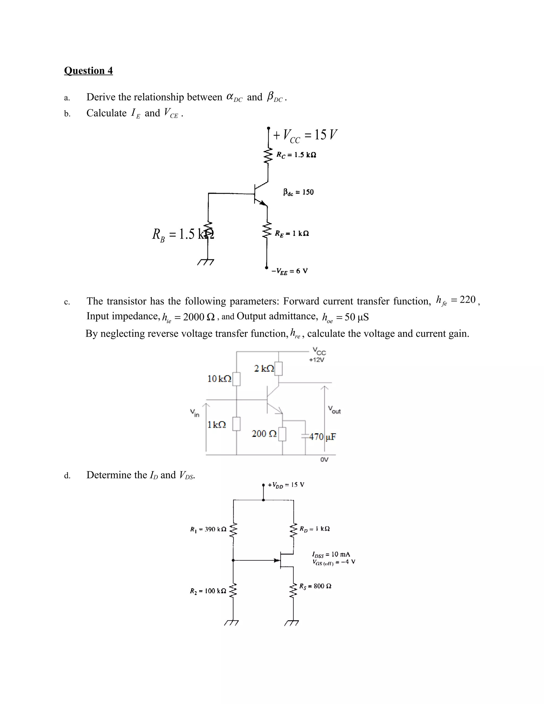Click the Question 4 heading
pyautogui.click(x=88, y=71)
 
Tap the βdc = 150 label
pyautogui.click(x=298, y=192)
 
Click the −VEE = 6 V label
pyautogui.click(x=290, y=271)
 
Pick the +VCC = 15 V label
pyautogui.click(x=305, y=135)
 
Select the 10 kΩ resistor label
pyautogui.click(x=219, y=379)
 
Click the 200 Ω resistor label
pyautogui.click(x=264, y=434)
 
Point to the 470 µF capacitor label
pyautogui.click(x=322, y=437)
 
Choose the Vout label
pyautogui.click(x=334, y=410)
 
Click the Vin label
pyautogui.click(x=195, y=413)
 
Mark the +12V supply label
pyautogui.click(x=316, y=360)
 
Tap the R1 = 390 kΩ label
pyautogui.click(x=208, y=529)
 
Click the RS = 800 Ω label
pyautogui.click(x=315, y=586)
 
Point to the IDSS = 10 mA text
pyautogui.click(x=331, y=554)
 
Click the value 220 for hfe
pyautogui.click(x=467, y=300)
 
